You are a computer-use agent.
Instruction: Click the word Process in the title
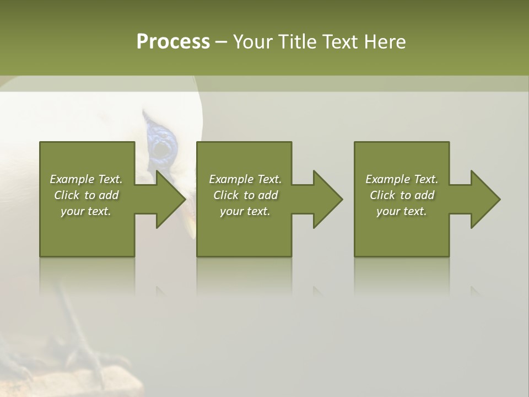pos(173,42)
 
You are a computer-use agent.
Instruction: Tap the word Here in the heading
pos(384,42)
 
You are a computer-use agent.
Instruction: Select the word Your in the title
pos(254,42)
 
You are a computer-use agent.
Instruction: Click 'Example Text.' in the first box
pos(86,179)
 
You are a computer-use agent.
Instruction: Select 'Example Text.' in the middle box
pos(245,179)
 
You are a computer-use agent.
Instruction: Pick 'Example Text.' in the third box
pos(402,179)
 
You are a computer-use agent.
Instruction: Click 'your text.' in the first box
pos(86,211)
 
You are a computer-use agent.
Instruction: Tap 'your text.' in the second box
pos(245,211)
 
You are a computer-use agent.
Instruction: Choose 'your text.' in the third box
pos(402,211)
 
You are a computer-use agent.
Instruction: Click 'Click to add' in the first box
pos(86,195)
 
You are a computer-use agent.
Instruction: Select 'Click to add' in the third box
pos(402,195)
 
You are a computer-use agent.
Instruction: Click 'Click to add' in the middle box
pos(245,195)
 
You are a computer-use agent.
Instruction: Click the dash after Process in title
pos(221,42)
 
